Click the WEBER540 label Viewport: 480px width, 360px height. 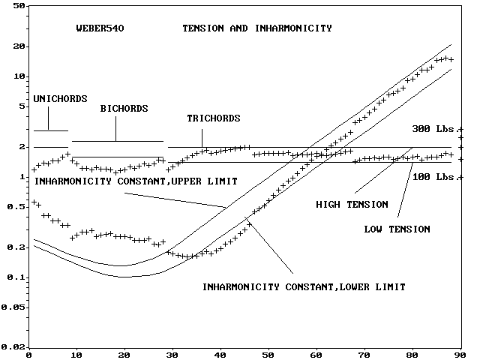coord(100,29)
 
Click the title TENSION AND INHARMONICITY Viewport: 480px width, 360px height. coord(257,29)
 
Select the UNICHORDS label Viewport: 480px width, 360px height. coord(60,99)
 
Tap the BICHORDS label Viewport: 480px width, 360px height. coord(124,109)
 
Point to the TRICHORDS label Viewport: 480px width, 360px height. coord(214,118)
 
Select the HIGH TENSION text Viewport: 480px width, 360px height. coord(352,204)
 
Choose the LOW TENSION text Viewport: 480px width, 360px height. coord(397,229)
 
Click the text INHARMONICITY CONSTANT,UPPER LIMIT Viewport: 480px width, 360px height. coord(136,181)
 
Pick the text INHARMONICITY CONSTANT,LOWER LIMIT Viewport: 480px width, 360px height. coord(304,287)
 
